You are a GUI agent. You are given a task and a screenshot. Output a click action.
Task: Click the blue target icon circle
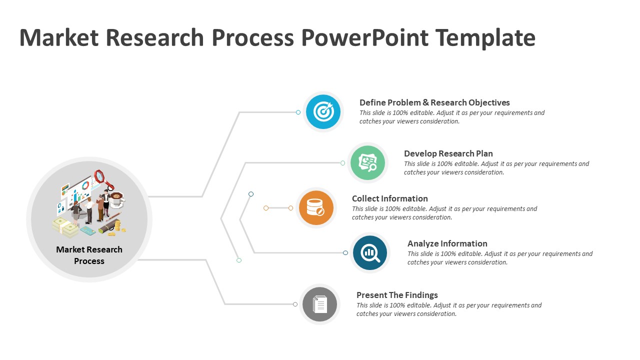323,111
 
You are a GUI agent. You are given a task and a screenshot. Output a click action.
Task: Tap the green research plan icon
367,162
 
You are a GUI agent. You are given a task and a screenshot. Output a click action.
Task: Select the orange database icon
316,207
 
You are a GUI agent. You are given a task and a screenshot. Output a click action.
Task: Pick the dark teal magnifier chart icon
370,253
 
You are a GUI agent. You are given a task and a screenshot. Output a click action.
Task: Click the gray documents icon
320,304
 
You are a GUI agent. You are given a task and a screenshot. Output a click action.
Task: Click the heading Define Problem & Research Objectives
434,102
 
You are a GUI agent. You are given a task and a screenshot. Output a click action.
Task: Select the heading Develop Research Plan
448,153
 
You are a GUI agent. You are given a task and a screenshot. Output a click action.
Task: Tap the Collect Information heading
390,198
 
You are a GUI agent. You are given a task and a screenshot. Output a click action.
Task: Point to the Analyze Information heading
447,243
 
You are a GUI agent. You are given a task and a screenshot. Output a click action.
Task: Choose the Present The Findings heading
397,295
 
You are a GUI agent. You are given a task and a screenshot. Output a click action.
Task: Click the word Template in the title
485,38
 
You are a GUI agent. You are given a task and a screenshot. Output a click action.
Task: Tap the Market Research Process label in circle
89,255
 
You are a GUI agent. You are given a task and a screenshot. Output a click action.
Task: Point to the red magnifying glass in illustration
99,176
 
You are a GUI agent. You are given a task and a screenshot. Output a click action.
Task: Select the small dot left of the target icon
298,112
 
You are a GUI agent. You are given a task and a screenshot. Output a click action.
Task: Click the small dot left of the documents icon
295,304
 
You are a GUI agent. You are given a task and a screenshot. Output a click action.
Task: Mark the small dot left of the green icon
342,163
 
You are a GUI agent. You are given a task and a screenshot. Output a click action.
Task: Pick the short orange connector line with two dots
278,208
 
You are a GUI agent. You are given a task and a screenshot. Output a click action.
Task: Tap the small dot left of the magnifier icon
345,253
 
